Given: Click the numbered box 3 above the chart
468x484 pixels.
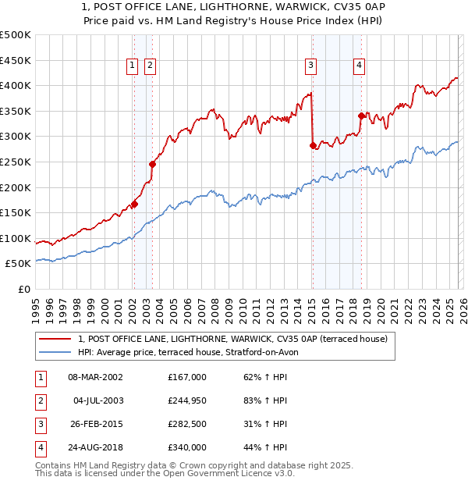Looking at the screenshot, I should tap(310, 66).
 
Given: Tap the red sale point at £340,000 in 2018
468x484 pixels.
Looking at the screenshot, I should tap(361, 116).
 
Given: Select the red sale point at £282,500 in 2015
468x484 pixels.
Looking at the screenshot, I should tap(313, 145).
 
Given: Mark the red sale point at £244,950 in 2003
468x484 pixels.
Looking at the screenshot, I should tap(152, 164).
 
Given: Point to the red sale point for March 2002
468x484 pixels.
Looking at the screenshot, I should tap(134, 204).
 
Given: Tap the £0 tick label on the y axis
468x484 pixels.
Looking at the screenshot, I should tap(24, 289).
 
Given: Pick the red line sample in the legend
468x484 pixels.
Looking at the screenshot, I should tap(55, 339).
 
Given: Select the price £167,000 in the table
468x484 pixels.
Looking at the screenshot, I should tap(187, 377).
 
